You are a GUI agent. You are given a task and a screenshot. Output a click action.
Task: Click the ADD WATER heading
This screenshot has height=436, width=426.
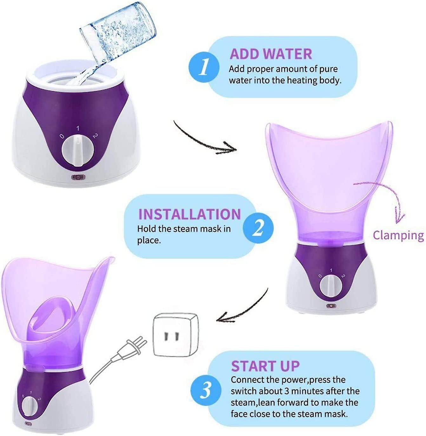(x=271, y=54)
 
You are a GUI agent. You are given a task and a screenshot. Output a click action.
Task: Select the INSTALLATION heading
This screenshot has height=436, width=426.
(x=189, y=214)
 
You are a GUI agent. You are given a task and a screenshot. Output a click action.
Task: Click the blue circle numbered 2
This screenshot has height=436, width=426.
(x=258, y=228)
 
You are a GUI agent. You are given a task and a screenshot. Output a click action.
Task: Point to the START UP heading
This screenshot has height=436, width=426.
(x=265, y=366)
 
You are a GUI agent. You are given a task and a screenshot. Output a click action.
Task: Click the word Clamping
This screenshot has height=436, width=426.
(x=398, y=235)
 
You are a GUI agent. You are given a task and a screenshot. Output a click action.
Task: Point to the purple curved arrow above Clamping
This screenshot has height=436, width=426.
(x=385, y=197)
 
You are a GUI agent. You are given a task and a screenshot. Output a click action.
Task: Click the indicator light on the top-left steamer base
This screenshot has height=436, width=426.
(x=76, y=178)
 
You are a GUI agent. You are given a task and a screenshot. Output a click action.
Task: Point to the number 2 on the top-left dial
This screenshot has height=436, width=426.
(x=95, y=135)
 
